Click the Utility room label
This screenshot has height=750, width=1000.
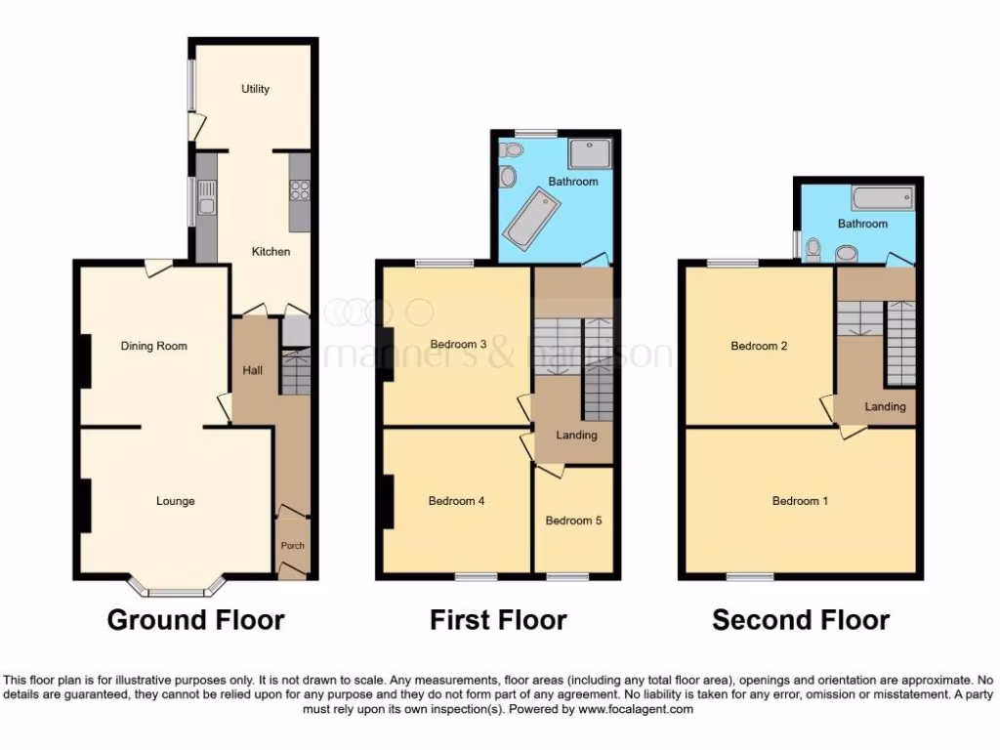pos(256,89)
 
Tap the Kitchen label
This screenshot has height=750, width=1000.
pos(271,252)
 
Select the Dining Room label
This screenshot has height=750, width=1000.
pos(154,346)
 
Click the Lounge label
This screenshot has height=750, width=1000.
pos(176,501)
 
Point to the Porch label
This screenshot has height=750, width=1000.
pos(293,546)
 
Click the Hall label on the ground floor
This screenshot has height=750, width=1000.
pos(252,370)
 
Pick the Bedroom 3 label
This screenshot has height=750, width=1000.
pos(459,344)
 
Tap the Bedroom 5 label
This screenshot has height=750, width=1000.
pos(573,521)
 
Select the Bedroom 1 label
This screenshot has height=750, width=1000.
pos(801,501)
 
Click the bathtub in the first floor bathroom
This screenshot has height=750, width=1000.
pos(527,217)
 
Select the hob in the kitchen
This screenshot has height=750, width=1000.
pos(300,189)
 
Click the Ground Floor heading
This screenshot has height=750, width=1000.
pos(195,620)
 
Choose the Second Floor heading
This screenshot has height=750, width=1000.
pos(801,620)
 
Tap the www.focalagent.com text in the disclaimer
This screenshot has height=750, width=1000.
pos(637,710)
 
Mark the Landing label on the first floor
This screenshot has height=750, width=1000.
pos(576,435)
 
